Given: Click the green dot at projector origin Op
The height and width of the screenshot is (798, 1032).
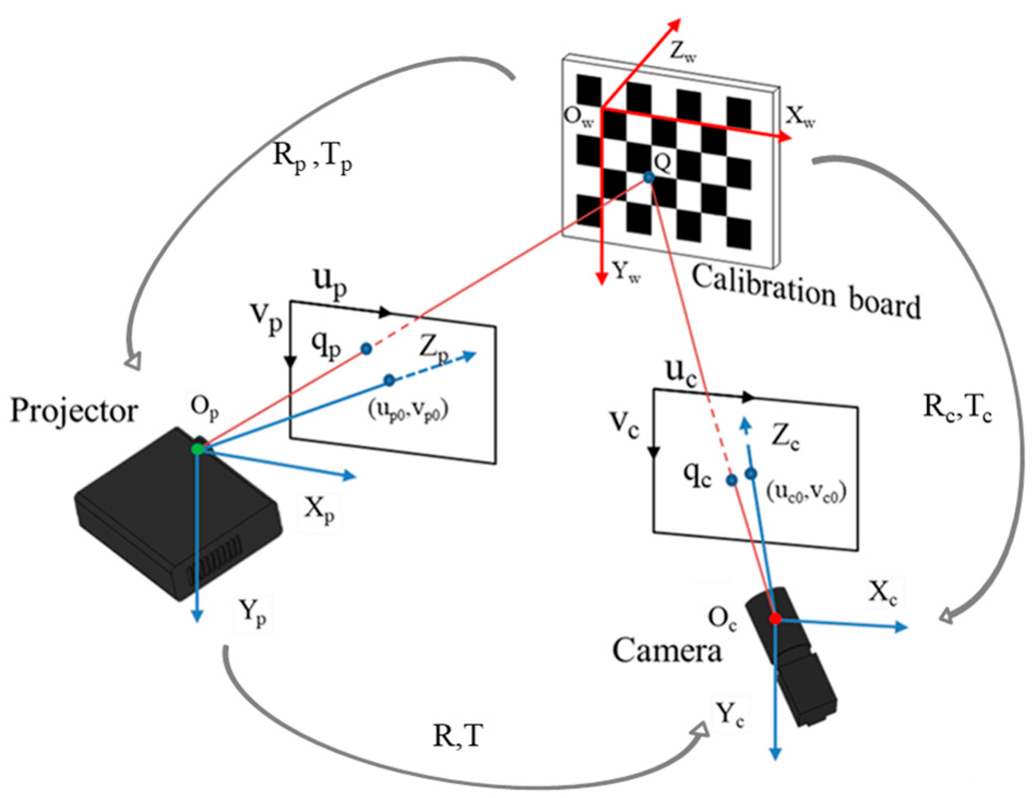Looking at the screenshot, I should click(x=198, y=449).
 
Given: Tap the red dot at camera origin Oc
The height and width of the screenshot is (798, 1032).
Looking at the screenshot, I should click(x=775, y=618).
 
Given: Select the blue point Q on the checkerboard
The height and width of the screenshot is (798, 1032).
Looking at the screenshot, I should click(x=648, y=177).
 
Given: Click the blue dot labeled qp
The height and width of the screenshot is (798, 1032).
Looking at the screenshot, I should click(x=366, y=348).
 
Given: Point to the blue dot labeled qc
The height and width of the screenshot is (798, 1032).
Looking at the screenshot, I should click(x=731, y=480).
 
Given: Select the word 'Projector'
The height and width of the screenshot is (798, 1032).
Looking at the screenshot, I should click(x=74, y=410).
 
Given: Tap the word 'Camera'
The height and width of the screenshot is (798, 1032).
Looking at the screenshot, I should click(x=666, y=651).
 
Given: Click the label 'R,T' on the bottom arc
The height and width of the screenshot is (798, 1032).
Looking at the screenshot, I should click(x=457, y=736).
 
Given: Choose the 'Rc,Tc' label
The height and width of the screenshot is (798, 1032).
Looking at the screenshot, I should click(x=957, y=408).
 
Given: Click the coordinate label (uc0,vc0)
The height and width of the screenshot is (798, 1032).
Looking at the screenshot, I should click(x=806, y=492).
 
